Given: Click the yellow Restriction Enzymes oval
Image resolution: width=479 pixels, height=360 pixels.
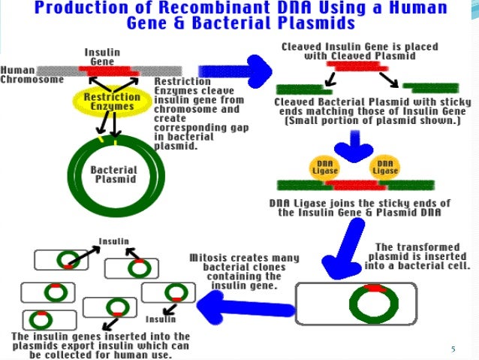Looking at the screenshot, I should pyautogui.click(x=110, y=101).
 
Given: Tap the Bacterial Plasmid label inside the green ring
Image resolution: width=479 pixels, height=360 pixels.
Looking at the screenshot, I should pyautogui.click(x=113, y=175).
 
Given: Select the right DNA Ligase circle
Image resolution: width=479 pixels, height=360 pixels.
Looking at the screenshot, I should pyautogui.click(x=385, y=168).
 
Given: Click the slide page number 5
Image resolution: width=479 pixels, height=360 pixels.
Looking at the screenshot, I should pyautogui.click(x=453, y=349).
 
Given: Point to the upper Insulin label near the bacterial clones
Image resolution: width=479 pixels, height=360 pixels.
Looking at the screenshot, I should pyautogui.click(x=114, y=241).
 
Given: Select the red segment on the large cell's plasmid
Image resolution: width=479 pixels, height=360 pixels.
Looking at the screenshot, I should pyautogui.click(x=374, y=288).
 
